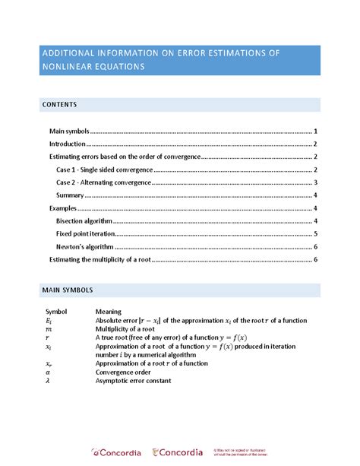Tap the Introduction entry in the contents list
(68, 144)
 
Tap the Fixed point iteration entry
(85, 234)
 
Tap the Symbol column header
(57, 312)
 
